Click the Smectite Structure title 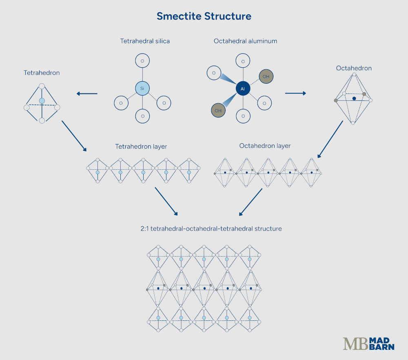204,16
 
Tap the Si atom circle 142,88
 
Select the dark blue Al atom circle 243,88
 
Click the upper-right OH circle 266,76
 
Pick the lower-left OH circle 218,110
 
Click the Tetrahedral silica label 145,41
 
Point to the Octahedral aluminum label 245,41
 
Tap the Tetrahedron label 42,73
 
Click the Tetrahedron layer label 141,146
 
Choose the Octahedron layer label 265,146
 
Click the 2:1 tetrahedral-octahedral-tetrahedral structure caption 211,229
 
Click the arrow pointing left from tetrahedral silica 87,94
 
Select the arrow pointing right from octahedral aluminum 295,93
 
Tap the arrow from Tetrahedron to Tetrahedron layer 74,136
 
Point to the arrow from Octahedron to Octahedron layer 330,139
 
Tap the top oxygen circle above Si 142,61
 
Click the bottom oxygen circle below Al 243,116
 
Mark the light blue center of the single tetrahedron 42,100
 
